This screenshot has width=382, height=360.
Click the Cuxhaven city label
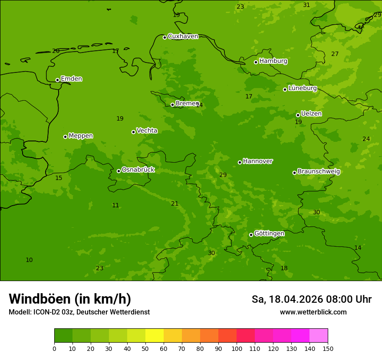pyautogui.click(x=183, y=36)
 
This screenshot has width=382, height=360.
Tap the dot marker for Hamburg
pyautogui.click(x=256, y=62)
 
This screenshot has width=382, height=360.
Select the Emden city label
pyautogui.click(x=71, y=79)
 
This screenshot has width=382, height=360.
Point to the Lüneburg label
pyautogui.click(x=302, y=88)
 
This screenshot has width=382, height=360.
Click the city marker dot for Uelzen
pyautogui.click(x=298, y=115)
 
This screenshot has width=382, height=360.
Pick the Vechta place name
pyautogui.click(x=147, y=131)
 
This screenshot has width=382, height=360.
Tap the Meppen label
pyautogui.click(x=81, y=136)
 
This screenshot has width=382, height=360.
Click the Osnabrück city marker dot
pyautogui.click(x=119, y=171)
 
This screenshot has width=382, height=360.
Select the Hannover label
pyautogui.click(x=257, y=161)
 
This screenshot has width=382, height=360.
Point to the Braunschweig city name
pyautogui.click(x=319, y=172)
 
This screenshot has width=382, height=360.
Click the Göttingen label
pyautogui.click(x=269, y=234)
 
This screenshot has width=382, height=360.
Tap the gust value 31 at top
pyautogui.click(x=306, y=5)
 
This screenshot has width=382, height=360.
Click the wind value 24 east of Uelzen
pyautogui.click(x=366, y=139)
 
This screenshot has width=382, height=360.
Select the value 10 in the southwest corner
pyautogui.click(x=29, y=260)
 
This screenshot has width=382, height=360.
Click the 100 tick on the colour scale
pyautogui.click(x=237, y=348)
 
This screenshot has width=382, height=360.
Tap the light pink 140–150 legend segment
pyautogui.click(x=319, y=336)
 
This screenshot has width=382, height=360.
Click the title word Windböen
pyautogui.click(x=39, y=299)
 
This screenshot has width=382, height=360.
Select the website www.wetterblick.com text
pyautogui.click(x=313, y=312)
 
